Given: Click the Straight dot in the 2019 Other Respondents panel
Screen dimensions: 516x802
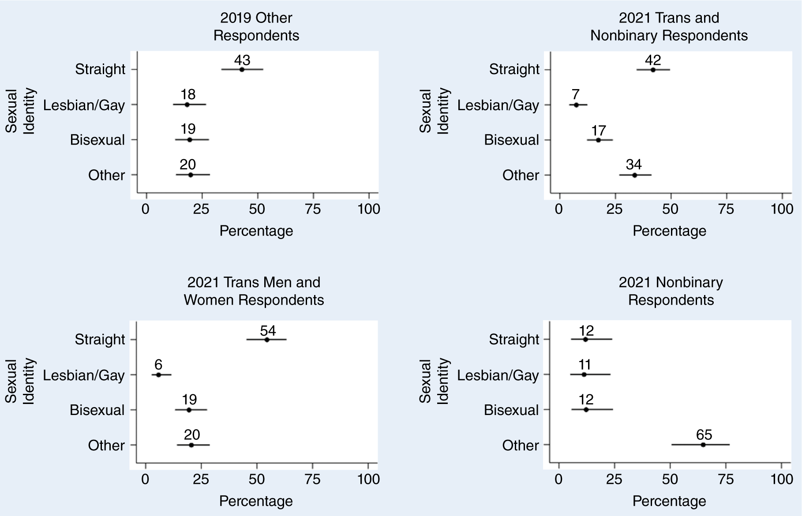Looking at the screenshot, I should point(242,69).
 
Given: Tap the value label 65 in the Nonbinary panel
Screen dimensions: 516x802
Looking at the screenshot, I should point(704,435).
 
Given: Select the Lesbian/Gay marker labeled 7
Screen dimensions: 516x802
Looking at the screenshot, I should point(576,105).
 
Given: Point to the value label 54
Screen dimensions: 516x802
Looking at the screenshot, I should point(268,331).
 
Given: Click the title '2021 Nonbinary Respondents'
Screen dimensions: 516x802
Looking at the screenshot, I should point(671,291).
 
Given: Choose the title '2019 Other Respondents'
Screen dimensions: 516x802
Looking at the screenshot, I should point(256,26).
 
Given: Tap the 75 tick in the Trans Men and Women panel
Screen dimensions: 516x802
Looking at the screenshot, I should point(312,479).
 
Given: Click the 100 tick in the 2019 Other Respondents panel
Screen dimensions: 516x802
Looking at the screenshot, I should point(369,209).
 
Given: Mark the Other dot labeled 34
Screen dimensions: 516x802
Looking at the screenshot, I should point(634,175).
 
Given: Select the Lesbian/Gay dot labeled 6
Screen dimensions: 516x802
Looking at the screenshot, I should point(159,375).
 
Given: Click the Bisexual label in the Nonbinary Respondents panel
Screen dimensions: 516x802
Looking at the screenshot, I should point(511,410).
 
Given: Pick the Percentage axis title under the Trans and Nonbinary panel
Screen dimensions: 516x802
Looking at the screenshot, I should point(669,231).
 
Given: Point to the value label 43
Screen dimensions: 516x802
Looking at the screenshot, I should point(242,60).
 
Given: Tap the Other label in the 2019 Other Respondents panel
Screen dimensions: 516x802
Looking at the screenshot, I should point(106,175).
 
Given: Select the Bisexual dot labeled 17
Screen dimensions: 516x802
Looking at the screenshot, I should point(599,140).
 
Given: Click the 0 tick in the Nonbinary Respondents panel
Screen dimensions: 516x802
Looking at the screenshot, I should point(558,479).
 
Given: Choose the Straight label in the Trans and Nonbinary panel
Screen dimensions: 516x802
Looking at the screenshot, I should point(514,69).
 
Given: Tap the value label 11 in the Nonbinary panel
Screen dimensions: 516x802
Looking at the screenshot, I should point(585,365).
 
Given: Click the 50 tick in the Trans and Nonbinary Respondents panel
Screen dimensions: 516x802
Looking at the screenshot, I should point(670,209).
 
